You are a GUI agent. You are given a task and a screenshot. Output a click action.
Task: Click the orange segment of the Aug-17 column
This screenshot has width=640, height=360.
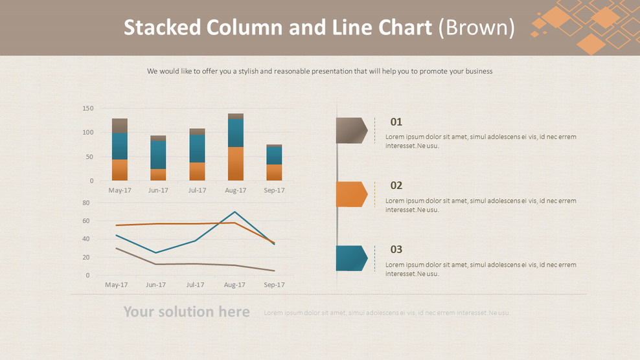236,164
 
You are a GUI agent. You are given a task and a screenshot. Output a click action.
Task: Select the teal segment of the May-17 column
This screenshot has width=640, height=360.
120,146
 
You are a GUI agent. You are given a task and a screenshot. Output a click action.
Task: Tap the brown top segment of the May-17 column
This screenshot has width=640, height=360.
120,126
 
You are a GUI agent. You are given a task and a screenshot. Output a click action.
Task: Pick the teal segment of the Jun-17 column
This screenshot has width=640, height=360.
158,155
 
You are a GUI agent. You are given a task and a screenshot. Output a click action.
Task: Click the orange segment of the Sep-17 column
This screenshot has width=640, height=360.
274,172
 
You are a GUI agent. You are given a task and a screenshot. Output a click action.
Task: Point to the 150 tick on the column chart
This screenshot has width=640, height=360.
87,109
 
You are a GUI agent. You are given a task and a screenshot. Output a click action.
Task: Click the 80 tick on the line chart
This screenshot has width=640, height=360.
86,203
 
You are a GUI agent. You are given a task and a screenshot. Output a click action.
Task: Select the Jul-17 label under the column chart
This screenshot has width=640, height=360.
197,190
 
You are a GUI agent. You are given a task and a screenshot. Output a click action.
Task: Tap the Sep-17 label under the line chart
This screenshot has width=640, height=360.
274,285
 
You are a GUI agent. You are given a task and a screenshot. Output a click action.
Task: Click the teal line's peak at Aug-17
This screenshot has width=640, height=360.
234,212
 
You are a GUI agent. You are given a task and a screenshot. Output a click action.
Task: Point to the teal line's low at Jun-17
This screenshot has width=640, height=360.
155,253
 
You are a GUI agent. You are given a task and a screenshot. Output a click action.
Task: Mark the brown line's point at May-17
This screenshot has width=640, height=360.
116,248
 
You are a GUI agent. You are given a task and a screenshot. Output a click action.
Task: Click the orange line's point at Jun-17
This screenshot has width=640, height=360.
155,224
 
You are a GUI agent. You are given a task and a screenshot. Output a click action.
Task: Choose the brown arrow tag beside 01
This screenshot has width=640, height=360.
351,130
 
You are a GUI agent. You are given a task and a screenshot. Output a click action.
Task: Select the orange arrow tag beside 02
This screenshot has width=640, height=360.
351,194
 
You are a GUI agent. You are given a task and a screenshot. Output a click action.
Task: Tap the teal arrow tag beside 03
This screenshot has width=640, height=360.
351,258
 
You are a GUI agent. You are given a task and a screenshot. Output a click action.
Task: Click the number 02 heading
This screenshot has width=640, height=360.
396,186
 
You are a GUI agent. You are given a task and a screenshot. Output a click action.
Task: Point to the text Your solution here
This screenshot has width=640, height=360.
187,312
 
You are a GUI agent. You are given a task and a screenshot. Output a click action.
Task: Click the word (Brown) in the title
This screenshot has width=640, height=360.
477,28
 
